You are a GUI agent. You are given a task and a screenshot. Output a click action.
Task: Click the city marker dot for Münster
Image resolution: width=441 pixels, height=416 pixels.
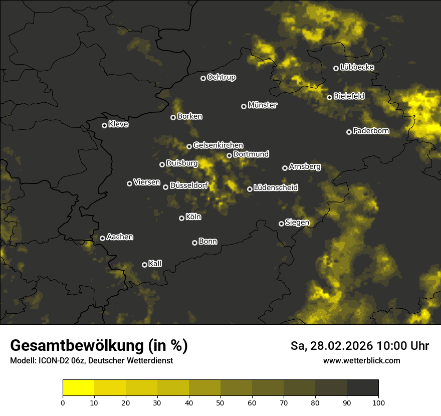(244, 106)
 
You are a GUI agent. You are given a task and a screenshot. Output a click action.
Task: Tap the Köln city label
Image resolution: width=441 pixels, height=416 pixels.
(193, 217)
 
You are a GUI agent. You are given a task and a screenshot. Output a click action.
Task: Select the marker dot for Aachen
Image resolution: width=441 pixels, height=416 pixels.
(102, 238)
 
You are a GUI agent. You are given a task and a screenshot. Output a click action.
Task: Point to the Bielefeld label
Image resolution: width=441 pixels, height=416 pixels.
(349, 96)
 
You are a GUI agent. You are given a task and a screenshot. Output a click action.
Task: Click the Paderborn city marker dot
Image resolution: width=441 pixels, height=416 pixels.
(349, 132)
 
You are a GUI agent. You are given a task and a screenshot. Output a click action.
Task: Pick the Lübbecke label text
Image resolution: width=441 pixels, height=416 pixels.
(357, 67)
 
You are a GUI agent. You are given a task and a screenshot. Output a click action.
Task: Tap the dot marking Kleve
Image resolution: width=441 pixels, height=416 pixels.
(104, 125)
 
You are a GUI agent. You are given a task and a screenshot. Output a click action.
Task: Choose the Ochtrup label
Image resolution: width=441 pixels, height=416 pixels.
(221, 77)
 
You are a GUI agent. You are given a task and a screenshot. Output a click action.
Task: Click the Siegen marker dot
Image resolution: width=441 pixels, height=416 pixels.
(281, 224)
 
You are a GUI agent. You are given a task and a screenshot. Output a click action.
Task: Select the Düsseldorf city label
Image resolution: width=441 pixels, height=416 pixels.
(188, 185)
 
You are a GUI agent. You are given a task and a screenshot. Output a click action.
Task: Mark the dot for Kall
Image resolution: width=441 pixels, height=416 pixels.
(144, 265)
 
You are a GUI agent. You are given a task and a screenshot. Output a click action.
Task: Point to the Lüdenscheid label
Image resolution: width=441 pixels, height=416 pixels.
(276, 187)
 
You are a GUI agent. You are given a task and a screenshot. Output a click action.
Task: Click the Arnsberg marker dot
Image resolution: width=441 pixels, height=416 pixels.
(285, 168)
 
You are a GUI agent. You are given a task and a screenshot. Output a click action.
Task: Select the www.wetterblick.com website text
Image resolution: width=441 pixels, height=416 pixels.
(361, 360)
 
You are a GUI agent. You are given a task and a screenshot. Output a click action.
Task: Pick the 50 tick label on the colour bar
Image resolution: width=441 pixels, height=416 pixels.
(220, 402)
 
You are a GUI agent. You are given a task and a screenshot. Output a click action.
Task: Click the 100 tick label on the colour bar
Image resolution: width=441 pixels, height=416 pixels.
(378, 402)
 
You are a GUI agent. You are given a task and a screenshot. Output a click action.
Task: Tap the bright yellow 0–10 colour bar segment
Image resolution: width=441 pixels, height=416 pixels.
(79, 387)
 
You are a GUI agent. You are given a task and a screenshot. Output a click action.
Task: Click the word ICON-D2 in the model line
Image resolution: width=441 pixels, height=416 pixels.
(50, 361)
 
